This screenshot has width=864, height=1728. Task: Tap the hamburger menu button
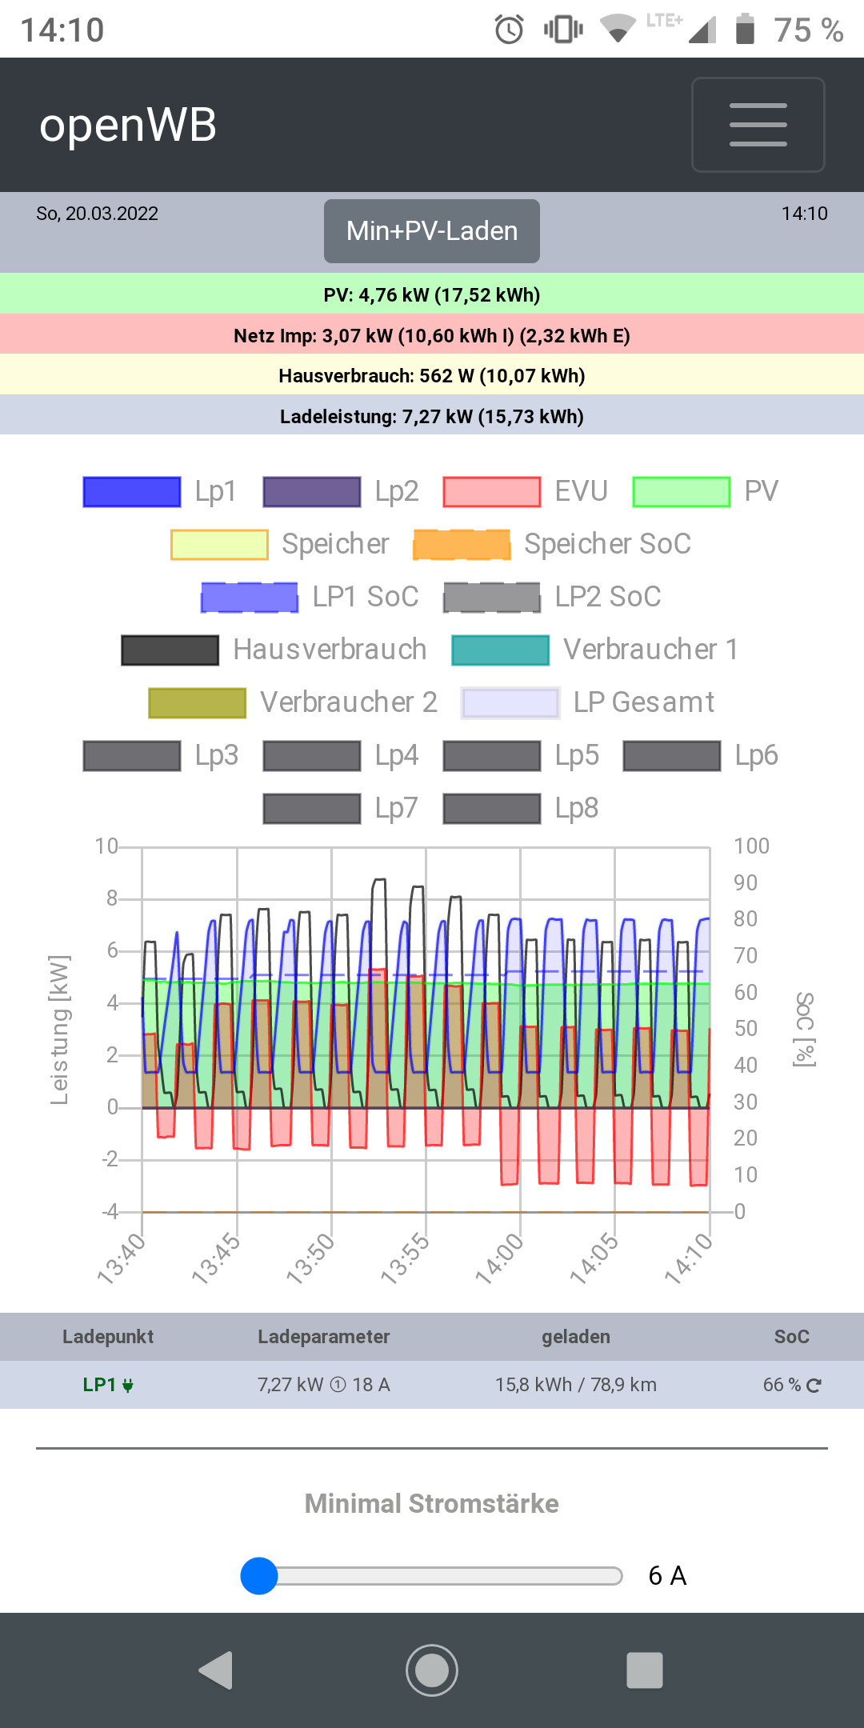click(758, 125)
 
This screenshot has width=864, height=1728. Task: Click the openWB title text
click(128, 126)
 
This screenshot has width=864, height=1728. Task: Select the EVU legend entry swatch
click(492, 491)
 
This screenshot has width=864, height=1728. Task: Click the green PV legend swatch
click(681, 491)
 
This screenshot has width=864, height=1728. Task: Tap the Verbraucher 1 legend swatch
click(500, 650)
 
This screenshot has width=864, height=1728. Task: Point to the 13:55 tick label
click(405, 1258)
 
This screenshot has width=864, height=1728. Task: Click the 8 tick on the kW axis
click(112, 898)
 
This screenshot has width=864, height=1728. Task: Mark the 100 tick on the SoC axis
click(751, 846)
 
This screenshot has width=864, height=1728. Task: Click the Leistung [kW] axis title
click(59, 1030)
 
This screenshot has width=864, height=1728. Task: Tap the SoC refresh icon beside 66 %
click(814, 1386)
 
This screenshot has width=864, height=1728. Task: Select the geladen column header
click(575, 1337)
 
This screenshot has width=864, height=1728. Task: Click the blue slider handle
click(259, 1576)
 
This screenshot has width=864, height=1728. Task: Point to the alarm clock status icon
click(509, 30)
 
